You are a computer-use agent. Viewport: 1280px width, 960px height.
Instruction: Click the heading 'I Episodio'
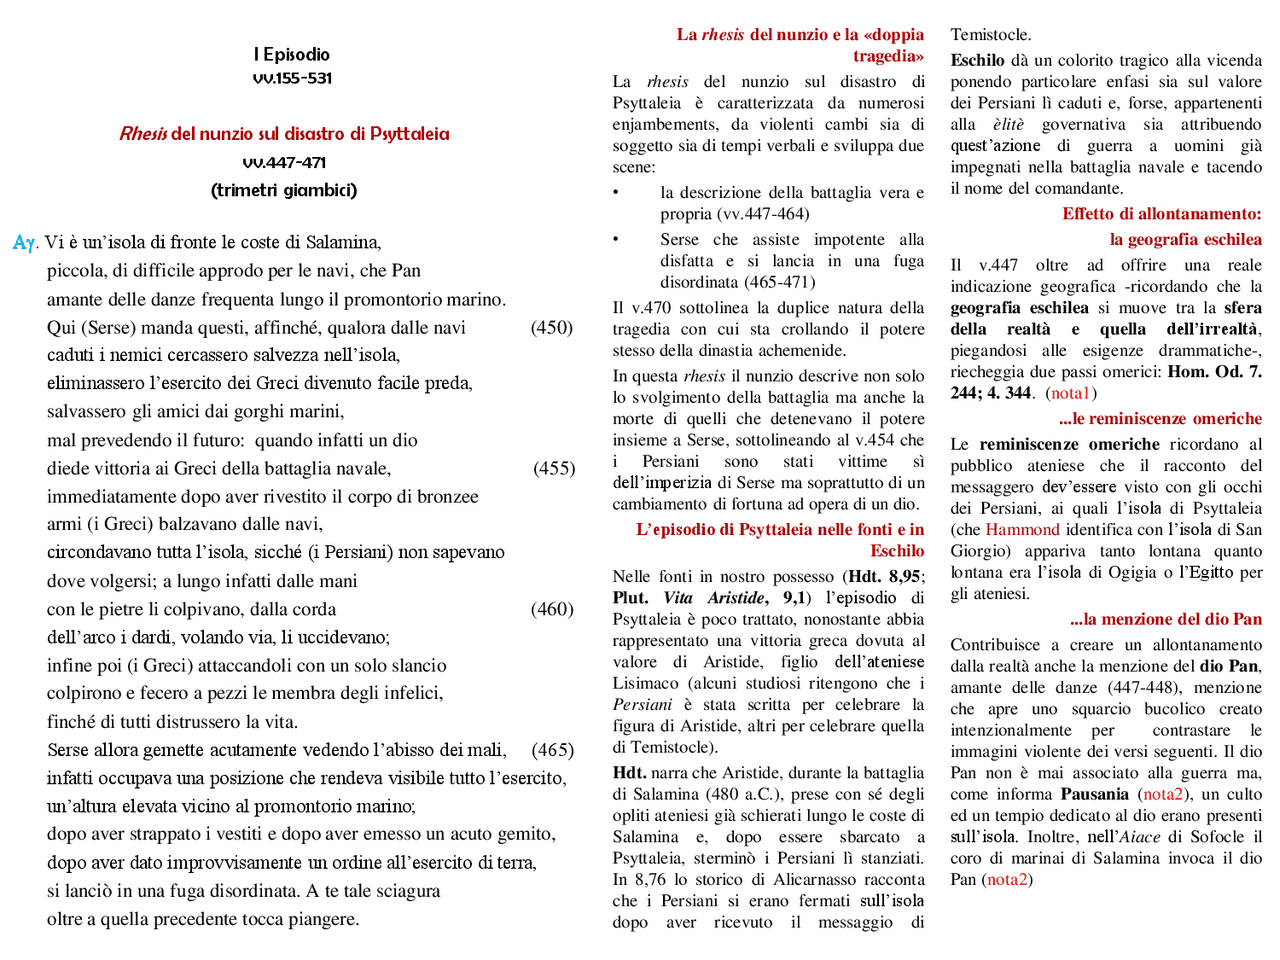(291, 54)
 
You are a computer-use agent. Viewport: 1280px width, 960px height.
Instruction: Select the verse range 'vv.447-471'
(284, 162)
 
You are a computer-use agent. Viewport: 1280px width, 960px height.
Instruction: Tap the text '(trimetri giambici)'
(284, 190)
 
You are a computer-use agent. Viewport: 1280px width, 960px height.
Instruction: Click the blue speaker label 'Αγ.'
(25, 243)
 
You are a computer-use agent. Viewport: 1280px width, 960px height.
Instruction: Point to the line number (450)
(552, 327)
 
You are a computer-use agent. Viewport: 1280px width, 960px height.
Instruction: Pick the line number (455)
(554, 468)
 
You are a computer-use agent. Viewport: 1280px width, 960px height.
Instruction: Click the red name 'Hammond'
(1022, 530)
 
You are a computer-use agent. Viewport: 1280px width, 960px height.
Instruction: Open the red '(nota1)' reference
(1071, 393)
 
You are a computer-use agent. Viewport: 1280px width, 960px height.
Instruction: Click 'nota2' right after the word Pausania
(1163, 794)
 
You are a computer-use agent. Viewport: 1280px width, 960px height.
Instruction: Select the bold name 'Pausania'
(1095, 794)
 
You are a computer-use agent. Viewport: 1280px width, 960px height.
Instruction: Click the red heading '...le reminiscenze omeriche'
(1160, 419)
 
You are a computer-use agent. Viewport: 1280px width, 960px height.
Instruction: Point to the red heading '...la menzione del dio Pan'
(1165, 620)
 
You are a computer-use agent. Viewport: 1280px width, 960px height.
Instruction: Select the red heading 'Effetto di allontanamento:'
(1161, 214)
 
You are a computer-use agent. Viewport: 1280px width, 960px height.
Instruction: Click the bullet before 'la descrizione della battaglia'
(616, 193)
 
